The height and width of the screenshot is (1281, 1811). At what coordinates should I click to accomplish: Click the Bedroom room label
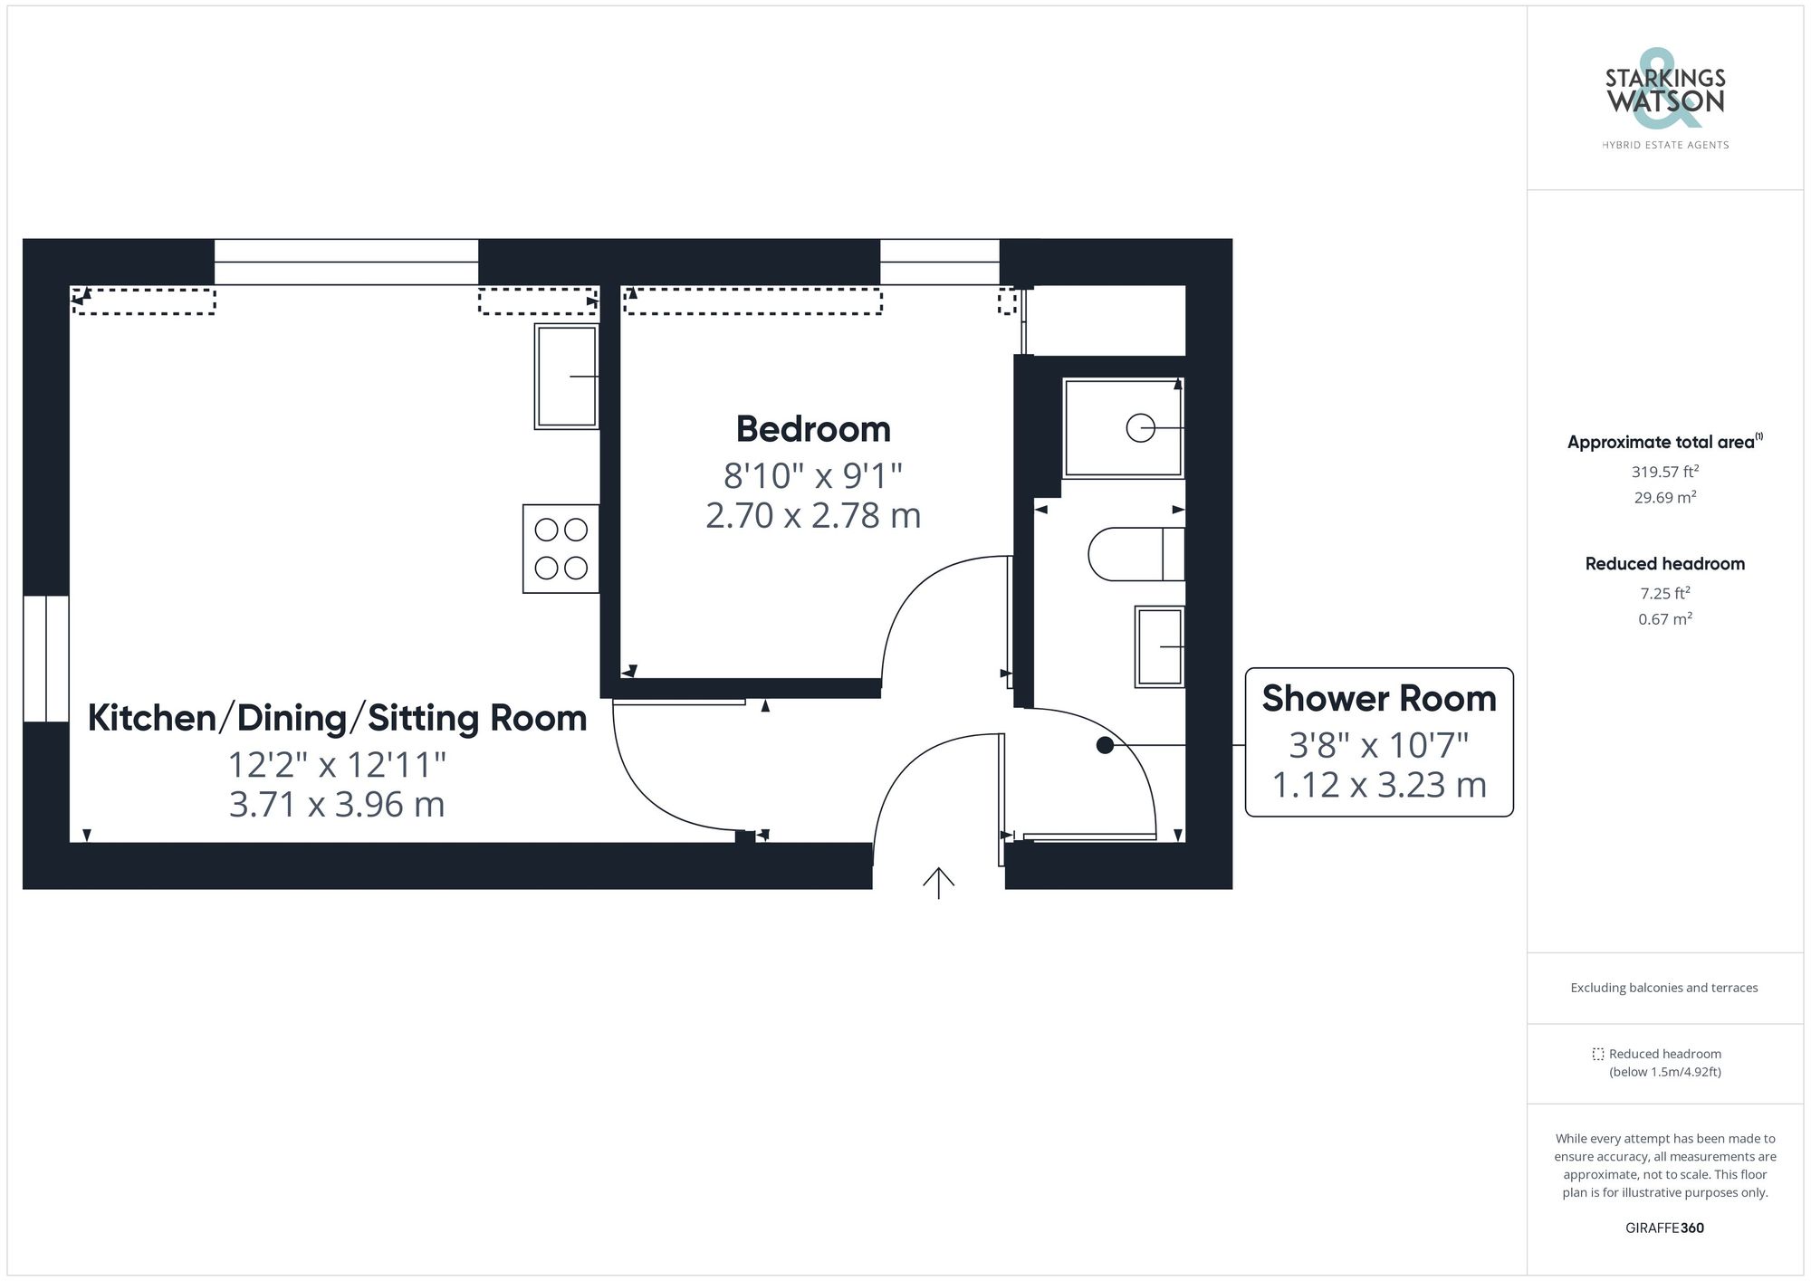pos(812,429)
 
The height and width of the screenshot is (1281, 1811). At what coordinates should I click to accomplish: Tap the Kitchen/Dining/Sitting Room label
pos(337,718)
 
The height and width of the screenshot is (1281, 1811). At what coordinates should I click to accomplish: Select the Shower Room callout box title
pos(1378,699)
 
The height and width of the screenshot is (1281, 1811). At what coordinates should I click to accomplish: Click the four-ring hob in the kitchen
pos(561,549)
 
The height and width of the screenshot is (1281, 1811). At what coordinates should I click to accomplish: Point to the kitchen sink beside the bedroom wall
pos(567,376)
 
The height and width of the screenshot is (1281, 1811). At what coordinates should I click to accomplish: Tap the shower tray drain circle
pos(1140,427)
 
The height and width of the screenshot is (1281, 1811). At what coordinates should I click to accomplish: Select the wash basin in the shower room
pos(1160,646)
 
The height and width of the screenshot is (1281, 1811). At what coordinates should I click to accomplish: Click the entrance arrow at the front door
pos(938,883)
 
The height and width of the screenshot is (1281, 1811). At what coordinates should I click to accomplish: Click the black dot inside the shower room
pos(1105,745)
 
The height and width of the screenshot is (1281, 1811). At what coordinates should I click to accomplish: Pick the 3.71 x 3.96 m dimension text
pos(337,804)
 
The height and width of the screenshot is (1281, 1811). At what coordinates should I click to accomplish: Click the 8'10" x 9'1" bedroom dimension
pos(812,474)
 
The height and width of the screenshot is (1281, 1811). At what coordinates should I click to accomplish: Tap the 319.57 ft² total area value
pos(1664,472)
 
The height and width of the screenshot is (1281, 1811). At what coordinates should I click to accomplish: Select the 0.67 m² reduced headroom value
pos(1664,619)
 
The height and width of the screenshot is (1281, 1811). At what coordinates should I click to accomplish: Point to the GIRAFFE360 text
pos(1664,1228)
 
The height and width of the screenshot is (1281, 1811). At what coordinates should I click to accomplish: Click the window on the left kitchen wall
pos(45,658)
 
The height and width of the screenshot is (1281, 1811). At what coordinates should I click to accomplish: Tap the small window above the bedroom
pos(939,261)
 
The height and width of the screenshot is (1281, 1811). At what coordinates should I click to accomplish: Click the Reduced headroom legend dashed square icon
pos(1598,1054)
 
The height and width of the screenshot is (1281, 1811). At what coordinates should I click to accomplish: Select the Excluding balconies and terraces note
pos(1664,988)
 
